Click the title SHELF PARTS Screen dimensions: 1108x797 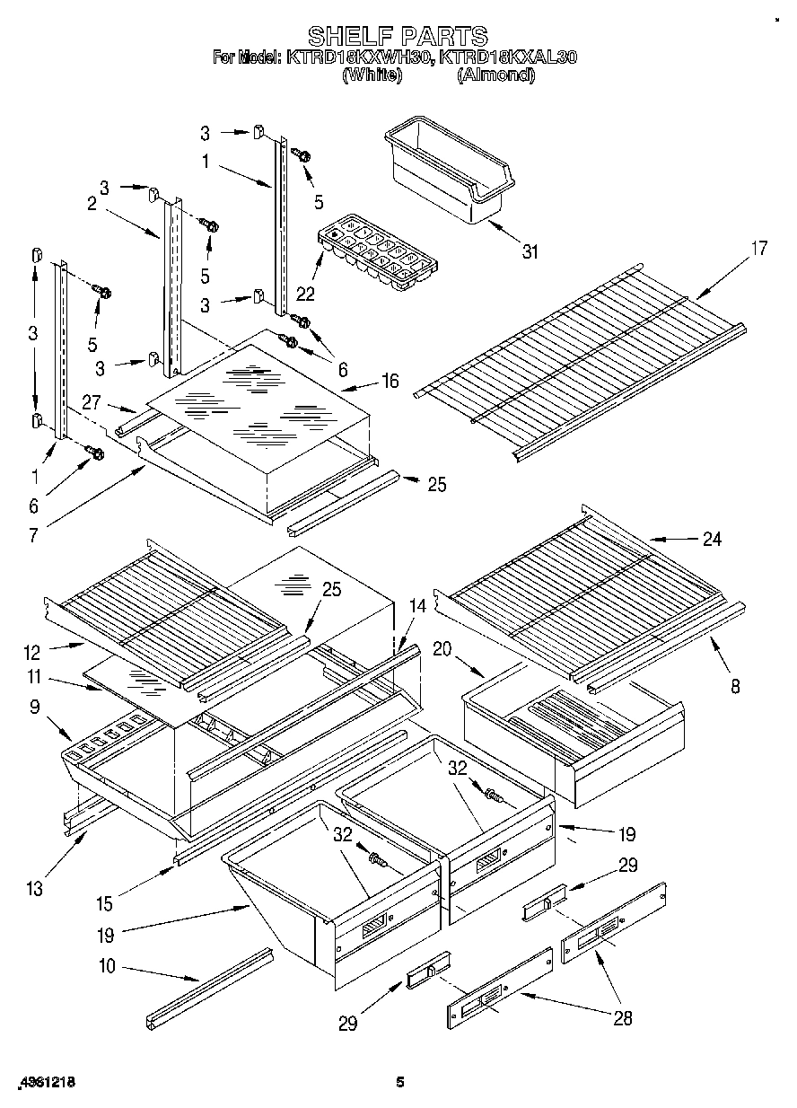click(x=398, y=36)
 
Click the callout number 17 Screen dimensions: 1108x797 click(x=758, y=249)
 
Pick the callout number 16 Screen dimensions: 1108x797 click(x=390, y=381)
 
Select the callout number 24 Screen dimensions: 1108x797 click(x=712, y=539)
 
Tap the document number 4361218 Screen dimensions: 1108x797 click(x=42, y=1082)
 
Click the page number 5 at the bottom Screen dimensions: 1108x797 click(x=400, y=1083)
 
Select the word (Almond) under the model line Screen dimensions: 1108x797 click(x=495, y=76)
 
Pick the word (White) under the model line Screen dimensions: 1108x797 click(x=371, y=76)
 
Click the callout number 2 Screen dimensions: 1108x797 click(x=92, y=204)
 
